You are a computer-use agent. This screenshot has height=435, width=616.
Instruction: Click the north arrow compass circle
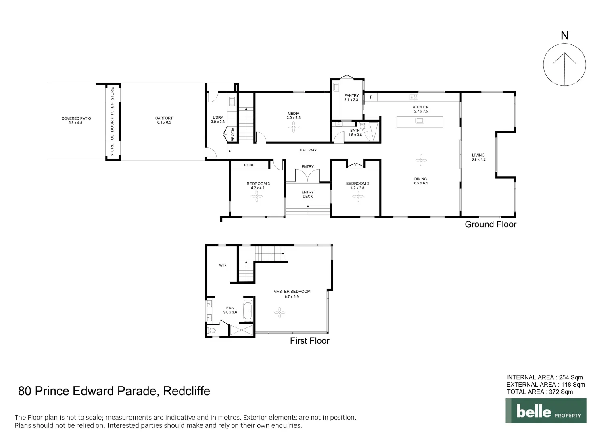(x=564, y=64)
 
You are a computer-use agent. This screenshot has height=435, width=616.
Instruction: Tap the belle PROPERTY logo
(x=546, y=411)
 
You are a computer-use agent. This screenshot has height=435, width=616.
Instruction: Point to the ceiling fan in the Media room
(x=293, y=128)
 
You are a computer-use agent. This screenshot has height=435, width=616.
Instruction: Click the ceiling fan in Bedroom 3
(x=257, y=197)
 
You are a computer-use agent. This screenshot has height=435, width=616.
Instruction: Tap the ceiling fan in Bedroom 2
(x=357, y=196)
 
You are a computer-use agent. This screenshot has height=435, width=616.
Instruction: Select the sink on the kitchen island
(x=420, y=120)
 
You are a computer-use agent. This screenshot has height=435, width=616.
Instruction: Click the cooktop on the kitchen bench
(x=414, y=97)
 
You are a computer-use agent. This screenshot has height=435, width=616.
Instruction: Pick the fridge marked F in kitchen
(x=371, y=97)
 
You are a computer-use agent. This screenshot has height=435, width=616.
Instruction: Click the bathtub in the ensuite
(x=248, y=311)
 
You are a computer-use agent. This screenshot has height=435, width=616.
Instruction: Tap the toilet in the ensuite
(x=211, y=331)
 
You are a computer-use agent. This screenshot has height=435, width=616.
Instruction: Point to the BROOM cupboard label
(x=233, y=134)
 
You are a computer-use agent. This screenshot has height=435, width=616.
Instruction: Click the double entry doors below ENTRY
(x=307, y=176)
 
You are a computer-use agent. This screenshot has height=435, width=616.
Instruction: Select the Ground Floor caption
(x=490, y=224)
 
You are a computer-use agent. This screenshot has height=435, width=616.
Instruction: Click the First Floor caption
(x=309, y=341)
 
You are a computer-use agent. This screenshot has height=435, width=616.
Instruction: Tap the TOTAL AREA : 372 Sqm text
(x=539, y=391)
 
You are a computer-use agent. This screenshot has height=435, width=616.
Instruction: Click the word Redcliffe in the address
(x=186, y=391)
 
